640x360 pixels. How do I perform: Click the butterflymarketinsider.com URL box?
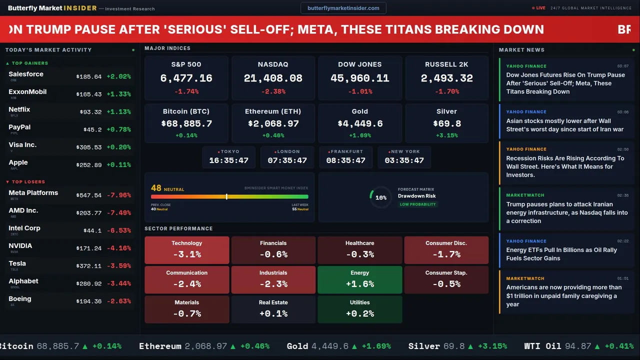[x=343, y=8]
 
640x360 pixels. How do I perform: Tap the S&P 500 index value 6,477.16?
[x=186, y=78]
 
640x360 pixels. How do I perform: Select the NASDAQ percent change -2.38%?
[x=272, y=91]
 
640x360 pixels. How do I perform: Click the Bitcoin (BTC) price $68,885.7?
[x=186, y=123]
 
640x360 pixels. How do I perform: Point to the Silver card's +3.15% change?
[x=446, y=135]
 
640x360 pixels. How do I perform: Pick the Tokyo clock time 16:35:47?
[x=228, y=160]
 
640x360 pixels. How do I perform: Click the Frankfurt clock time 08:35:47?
[x=345, y=160]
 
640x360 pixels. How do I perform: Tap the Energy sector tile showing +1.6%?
[x=359, y=279]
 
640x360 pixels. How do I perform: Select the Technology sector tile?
[x=186, y=250]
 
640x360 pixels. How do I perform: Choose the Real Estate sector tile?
[x=273, y=309]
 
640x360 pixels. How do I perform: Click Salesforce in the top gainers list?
[x=26, y=74]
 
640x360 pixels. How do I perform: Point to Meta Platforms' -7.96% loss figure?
[x=119, y=195]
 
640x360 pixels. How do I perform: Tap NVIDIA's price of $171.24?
[x=89, y=248]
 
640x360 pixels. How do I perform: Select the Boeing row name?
[x=20, y=298]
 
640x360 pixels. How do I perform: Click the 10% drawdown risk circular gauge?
[x=380, y=197]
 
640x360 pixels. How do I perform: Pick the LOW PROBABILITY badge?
[x=417, y=204]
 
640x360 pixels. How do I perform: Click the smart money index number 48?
[x=156, y=188]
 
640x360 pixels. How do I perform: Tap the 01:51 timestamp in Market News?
[x=622, y=278]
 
